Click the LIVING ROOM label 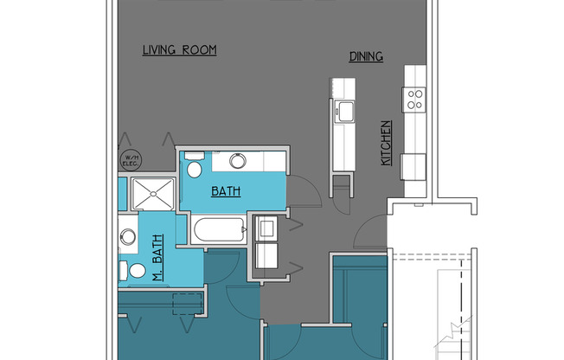179,50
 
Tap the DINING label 366,57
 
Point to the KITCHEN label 387,143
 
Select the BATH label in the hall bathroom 226,192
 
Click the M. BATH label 158,264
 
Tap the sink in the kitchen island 344,111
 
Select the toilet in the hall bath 195,168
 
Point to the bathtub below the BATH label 219,232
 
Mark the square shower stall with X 152,194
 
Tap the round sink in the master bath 128,235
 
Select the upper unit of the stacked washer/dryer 267,228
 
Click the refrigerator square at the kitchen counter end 413,164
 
